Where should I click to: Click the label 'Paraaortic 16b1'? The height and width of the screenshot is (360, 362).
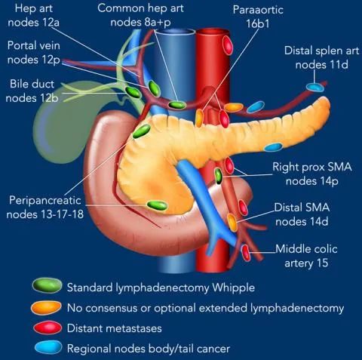258,17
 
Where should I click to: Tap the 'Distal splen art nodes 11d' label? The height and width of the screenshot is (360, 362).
322,57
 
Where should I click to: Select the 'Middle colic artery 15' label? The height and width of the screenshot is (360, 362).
306,256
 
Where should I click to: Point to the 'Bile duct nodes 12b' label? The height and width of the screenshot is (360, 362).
32,91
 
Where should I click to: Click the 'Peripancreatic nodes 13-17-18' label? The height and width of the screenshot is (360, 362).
45,208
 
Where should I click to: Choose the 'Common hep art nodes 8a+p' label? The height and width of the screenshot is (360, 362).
140,15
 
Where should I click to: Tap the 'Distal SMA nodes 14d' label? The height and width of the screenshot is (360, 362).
302,214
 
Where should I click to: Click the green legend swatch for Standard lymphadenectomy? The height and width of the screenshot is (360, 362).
48,285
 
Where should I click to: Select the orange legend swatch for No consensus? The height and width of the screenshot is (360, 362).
47,308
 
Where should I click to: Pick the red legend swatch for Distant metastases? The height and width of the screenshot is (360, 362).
48,328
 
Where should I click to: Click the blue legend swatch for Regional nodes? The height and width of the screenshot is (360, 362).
48,348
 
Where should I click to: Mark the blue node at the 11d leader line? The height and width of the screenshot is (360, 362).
315,88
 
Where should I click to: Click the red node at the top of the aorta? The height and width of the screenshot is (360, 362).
228,45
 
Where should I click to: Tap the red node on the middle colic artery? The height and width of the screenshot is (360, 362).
246,253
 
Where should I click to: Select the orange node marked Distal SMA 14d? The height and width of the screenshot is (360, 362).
232,223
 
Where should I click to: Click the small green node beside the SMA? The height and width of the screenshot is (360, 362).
219,176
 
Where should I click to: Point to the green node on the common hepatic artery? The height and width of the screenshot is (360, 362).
177,105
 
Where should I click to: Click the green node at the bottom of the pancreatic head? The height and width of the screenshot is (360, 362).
157,205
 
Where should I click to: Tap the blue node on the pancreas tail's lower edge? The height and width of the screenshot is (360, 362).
273,147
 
